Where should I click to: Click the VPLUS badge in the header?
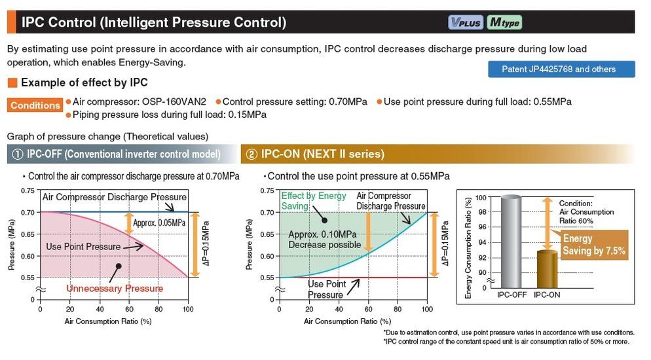[466, 22]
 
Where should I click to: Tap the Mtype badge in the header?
[504, 22]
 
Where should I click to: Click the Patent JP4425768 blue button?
[561, 69]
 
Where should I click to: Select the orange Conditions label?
[35, 105]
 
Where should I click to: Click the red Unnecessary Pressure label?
[115, 288]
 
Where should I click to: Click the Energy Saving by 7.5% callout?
[593, 245]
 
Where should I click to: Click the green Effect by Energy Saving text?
[305, 201]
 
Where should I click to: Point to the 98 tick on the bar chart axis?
[481, 212]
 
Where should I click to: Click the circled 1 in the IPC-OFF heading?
[17, 154]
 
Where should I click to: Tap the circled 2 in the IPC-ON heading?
[251, 154]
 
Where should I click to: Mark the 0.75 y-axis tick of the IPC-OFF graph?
[28, 191]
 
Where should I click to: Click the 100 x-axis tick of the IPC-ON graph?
[427, 310]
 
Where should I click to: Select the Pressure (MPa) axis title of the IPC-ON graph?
[250, 245]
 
